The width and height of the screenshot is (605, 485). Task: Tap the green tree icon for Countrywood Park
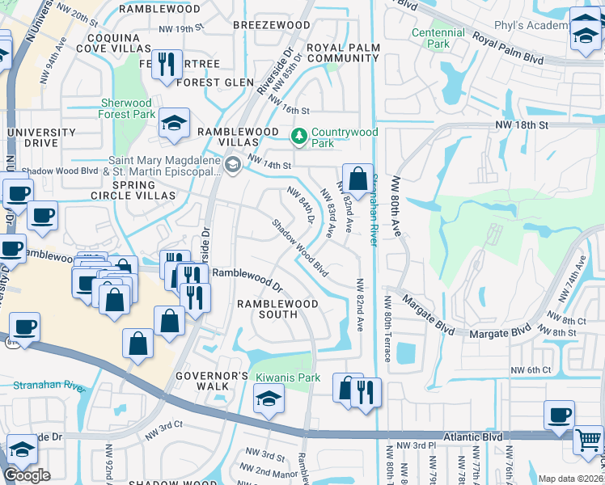298,134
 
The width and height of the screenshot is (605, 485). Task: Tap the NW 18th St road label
522,125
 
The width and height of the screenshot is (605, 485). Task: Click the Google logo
27,475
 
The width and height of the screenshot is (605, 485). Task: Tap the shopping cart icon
588,440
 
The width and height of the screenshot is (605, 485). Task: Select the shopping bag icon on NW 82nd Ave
357,178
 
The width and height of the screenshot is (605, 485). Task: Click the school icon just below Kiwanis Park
269,398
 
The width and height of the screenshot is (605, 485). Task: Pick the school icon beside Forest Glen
173,122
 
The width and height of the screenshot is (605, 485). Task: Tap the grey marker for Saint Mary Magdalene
232,165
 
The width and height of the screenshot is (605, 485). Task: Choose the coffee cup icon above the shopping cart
558,415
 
